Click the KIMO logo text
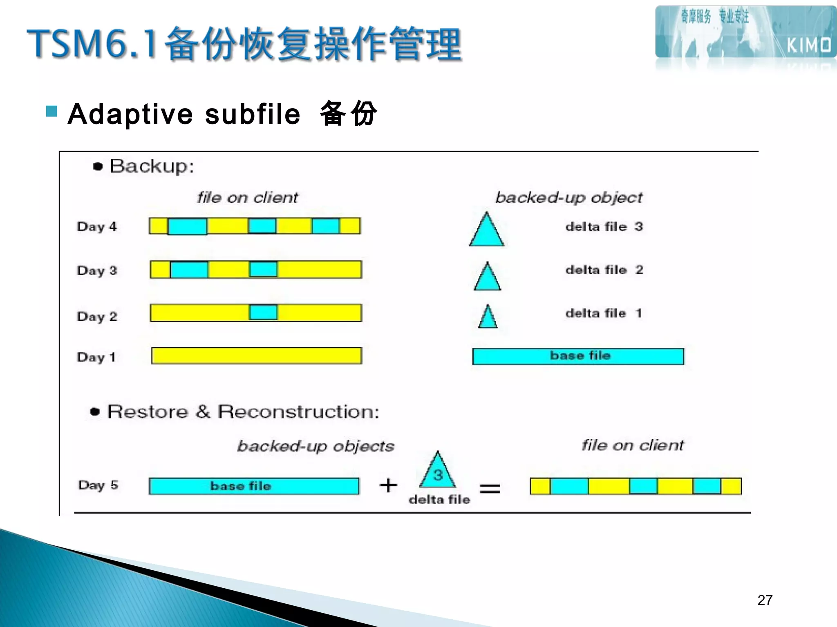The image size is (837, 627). [x=808, y=45]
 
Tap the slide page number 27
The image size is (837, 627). [x=765, y=600]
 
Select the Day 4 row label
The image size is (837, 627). [x=97, y=227]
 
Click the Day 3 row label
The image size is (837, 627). [x=97, y=271]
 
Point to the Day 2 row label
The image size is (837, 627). [x=97, y=316]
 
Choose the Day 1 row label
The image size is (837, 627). [x=96, y=357]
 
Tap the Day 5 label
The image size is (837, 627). [x=98, y=485]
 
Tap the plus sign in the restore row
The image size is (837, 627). [x=388, y=485]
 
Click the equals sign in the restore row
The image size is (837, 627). [x=490, y=488]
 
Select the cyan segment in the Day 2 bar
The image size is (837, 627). [x=264, y=313]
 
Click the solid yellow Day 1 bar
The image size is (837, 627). [x=256, y=356]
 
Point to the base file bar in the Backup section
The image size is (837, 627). [x=578, y=356]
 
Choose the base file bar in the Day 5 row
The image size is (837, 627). [x=254, y=486]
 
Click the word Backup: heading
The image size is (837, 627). [x=151, y=167]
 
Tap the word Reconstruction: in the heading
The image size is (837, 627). [x=298, y=412]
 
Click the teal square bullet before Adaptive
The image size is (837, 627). [x=52, y=111]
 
